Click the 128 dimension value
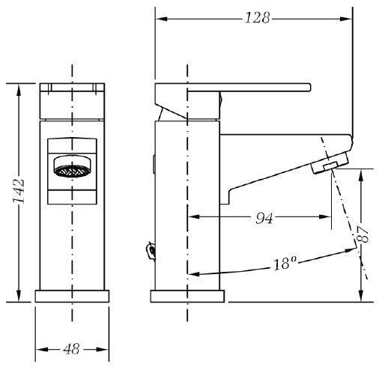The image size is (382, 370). pyautogui.click(x=257, y=18)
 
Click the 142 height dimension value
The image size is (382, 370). pyautogui.click(x=19, y=191)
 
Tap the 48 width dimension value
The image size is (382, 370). pyautogui.click(x=71, y=349)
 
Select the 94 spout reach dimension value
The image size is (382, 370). pyautogui.click(x=264, y=218)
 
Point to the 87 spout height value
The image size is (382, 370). pyautogui.click(x=363, y=234)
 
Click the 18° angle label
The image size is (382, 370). pyautogui.click(x=285, y=264)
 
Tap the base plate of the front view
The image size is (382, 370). pyautogui.click(x=72, y=296)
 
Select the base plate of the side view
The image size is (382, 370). pyautogui.click(x=187, y=296)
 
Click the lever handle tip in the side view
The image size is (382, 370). pyautogui.click(x=309, y=87)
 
